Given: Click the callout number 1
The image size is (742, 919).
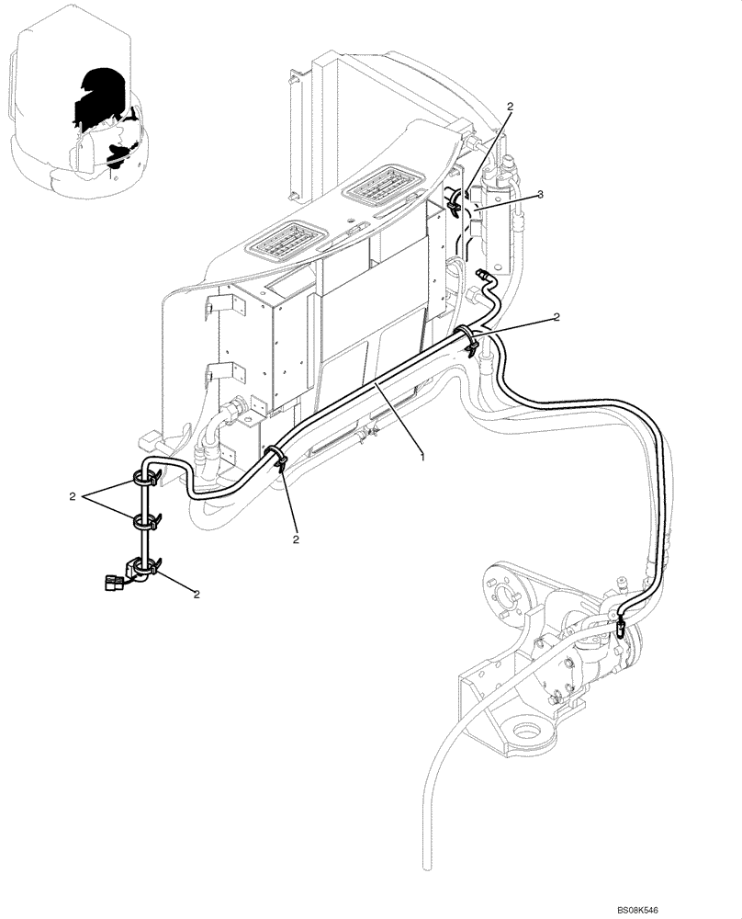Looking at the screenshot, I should click(422, 455).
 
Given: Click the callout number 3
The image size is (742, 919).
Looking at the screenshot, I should click(541, 194).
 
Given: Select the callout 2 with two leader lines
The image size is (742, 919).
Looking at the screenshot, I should click(73, 496).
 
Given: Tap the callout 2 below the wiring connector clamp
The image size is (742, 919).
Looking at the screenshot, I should click(197, 594).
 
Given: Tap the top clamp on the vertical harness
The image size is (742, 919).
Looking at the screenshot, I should click(144, 477).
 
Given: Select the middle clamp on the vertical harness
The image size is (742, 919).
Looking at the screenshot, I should click(144, 523).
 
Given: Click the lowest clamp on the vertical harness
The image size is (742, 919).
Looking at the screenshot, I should click(142, 568).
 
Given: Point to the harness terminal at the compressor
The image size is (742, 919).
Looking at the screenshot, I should click(622, 629).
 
